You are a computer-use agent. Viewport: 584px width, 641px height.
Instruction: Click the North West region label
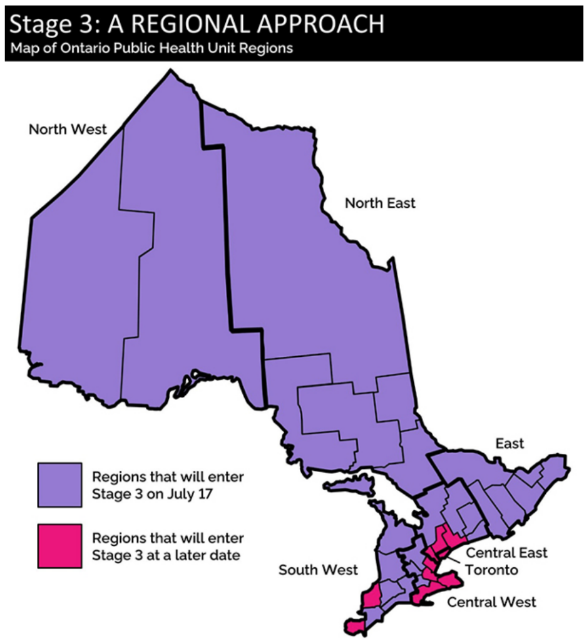point(68,130)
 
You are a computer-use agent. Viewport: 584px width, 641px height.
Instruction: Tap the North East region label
point(380,203)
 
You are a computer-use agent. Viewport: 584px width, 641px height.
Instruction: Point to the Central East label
point(506,553)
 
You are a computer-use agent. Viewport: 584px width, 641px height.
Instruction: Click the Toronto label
point(491,570)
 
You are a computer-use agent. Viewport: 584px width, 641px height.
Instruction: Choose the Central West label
point(491,602)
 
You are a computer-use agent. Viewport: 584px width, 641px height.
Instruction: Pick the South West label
point(318,570)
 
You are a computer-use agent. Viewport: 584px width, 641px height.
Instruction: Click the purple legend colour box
point(59,485)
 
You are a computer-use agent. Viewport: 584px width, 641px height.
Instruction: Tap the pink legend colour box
point(59,546)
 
